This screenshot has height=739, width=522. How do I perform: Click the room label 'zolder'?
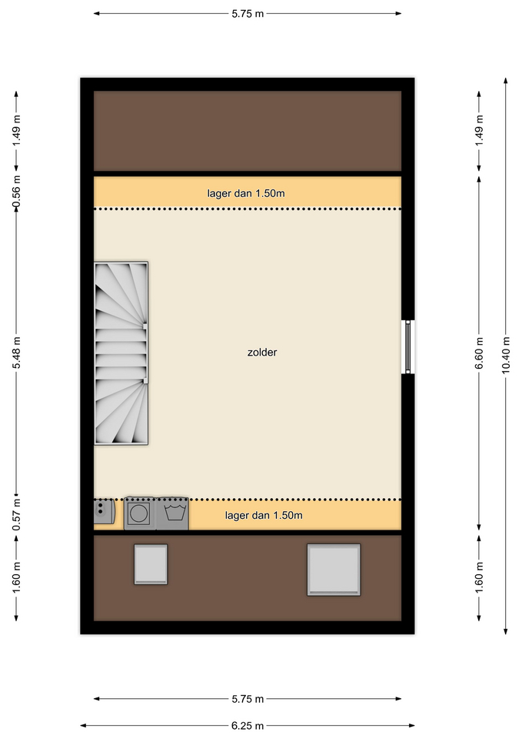(262, 353)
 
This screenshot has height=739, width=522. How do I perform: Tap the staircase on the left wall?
(121, 353)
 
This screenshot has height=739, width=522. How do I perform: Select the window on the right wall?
(407, 347)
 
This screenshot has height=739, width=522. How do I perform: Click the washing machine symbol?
(173, 513)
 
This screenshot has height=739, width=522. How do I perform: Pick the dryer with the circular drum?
(140, 513)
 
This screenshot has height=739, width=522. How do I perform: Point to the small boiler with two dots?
(104, 511)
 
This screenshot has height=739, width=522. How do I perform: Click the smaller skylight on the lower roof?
(151, 564)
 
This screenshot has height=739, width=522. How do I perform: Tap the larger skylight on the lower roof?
(334, 570)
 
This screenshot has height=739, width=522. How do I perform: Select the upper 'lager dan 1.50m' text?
(246, 193)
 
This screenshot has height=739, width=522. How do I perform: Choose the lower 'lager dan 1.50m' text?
(264, 515)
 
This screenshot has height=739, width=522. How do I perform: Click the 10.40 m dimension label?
(506, 356)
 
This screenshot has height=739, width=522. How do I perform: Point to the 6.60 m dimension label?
(479, 353)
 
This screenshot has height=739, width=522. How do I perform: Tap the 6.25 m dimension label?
(248, 726)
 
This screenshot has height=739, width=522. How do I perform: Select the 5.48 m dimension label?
(16, 353)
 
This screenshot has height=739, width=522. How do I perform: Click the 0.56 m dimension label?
(16, 192)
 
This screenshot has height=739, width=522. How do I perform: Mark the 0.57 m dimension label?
(16, 514)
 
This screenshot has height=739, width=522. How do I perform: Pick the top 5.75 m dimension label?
(248, 14)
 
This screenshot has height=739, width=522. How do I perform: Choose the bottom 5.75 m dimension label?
(248, 699)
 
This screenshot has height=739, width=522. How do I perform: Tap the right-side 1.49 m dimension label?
(479, 131)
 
